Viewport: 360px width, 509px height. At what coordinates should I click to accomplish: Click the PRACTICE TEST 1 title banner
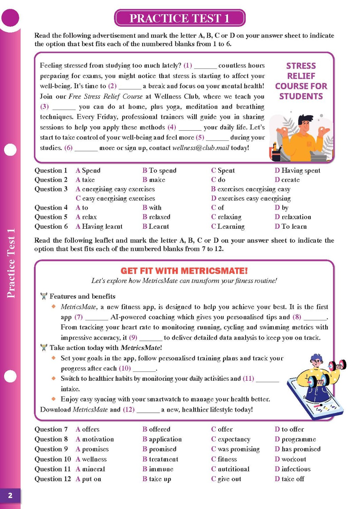pyautogui.click(x=179, y=18)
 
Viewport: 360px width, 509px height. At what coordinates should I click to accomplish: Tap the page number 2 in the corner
pyautogui.click(x=10, y=495)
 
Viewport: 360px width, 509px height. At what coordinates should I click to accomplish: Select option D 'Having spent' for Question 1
pyautogui.click(x=298, y=170)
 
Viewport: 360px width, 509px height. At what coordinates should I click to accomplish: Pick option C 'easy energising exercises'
pyautogui.click(x=115, y=198)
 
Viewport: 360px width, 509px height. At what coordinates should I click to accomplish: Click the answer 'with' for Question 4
pyautogui.click(x=152, y=208)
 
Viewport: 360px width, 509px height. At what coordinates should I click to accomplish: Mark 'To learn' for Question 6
pyautogui.click(x=291, y=226)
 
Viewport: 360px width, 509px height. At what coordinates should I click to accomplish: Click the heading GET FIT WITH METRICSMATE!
pyautogui.click(x=184, y=271)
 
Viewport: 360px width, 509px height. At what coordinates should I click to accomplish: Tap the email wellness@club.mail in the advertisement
pyautogui.click(x=201, y=148)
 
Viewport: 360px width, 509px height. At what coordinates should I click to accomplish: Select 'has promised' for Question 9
pyautogui.click(x=298, y=449)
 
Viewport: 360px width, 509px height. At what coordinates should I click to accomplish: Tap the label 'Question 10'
pyautogui.click(x=53, y=459)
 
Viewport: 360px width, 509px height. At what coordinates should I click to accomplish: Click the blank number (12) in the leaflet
pyautogui.click(x=129, y=410)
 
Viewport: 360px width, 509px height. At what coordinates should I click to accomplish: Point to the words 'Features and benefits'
pyautogui.click(x=82, y=296)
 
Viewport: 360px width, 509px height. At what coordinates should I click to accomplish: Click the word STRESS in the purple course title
pyautogui.click(x=301, y=66)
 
